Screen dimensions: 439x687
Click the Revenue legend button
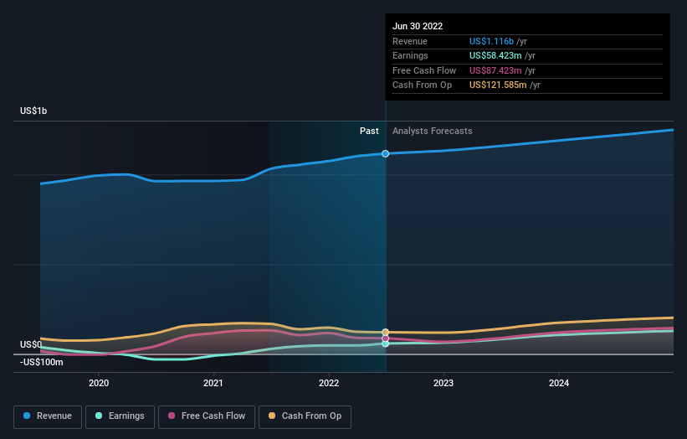(x=48, y=416)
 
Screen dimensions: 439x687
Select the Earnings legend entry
(x=120, y=416)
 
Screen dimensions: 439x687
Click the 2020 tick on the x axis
(x=99, y=383)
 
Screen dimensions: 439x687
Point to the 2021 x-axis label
(x=213, y=383)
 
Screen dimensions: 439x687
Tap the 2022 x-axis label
(x=329, y=383)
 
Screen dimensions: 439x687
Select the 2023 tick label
(x=443, y=383)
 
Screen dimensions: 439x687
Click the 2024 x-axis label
(x=559, y=383)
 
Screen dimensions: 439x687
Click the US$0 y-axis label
(x=31, y=344)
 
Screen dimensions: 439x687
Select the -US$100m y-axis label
(x=42, y=362)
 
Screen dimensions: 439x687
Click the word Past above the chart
(x=369, y=131)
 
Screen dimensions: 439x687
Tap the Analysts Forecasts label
(x=432, y=131)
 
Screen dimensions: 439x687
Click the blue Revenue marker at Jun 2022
(x=385, y=153)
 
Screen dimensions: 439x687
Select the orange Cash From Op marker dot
(x=385, y=333)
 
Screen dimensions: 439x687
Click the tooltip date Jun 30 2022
(x=418, y=26)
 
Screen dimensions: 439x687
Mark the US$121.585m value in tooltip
(x=499, y=85)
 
